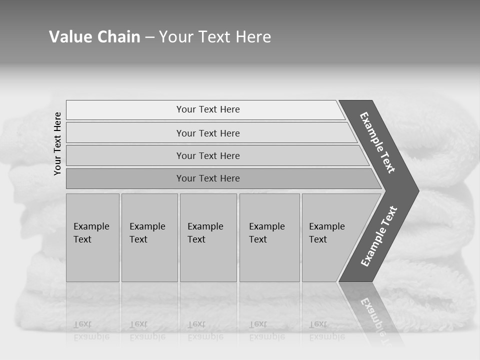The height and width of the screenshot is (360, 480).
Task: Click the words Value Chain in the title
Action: point(94,37)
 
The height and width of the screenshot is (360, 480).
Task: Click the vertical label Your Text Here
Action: point(57,143)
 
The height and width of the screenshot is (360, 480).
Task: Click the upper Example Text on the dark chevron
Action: point(377,142)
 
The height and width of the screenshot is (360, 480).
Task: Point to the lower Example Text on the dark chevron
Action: point(378,236)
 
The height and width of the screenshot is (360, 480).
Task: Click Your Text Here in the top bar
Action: point(208,109)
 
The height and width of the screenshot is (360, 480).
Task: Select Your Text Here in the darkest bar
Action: point(208,178)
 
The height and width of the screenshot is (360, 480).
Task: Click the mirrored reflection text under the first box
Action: point(91,330)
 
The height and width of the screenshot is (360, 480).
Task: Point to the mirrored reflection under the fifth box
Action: point(326,330)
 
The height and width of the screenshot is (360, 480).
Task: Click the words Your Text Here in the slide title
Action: point(215,37)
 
